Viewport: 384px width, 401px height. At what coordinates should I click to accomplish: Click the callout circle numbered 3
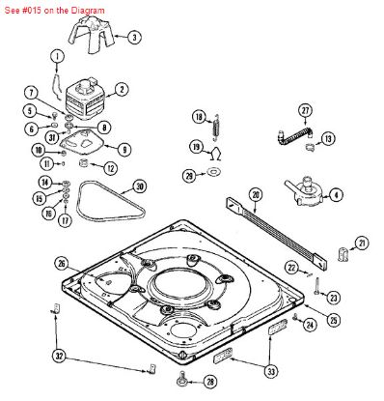click(134, 38)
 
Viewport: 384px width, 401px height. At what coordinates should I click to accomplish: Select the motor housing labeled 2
click(85, 98)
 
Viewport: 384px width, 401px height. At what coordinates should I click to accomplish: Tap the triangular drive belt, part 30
click(111, 200)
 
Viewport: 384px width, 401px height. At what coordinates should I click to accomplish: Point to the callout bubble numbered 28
click(210, 382)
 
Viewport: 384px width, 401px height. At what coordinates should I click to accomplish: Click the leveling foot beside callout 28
click(182, 379)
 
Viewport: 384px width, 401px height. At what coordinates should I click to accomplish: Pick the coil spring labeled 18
click(216, 127)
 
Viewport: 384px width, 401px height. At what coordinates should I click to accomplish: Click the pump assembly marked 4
click(304, 191)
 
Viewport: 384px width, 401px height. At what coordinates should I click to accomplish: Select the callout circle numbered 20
click(256, 195)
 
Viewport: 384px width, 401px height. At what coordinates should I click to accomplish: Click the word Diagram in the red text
click(88, 11)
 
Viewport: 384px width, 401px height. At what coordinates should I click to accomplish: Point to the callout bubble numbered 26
click(61, 264)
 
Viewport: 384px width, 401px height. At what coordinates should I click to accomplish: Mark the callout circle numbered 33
click(271, 372)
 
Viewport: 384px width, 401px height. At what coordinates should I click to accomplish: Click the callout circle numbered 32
click(59, 357)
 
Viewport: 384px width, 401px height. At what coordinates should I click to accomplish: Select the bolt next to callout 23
click(316, 286)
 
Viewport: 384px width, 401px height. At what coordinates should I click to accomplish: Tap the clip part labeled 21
click(343, 254)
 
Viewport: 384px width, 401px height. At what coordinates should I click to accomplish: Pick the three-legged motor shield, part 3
click(92, 34)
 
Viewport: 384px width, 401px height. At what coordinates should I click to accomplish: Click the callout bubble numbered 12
click(110, 168)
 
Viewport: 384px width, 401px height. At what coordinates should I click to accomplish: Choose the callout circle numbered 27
click(305, 110)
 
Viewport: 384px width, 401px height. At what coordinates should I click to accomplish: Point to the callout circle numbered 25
click(333, 320)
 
